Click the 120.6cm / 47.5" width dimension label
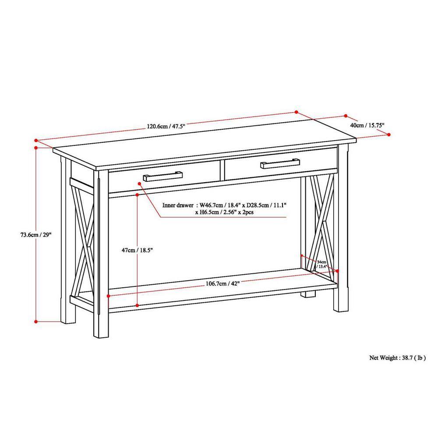click(x=166, y=126)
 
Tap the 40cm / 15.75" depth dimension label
click(x=367, y=125)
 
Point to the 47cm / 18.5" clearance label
click(x=137, y=250)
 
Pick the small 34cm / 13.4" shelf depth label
click(x=322, y=264)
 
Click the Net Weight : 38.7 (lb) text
click(x=397, y=357)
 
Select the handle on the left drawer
click(x=162, y=176)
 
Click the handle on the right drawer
click(x=279, y=164)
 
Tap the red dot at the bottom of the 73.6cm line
click(x=35, y=321)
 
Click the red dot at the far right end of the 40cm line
click(x=389, y=135)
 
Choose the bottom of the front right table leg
click(x=341, y=309)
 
